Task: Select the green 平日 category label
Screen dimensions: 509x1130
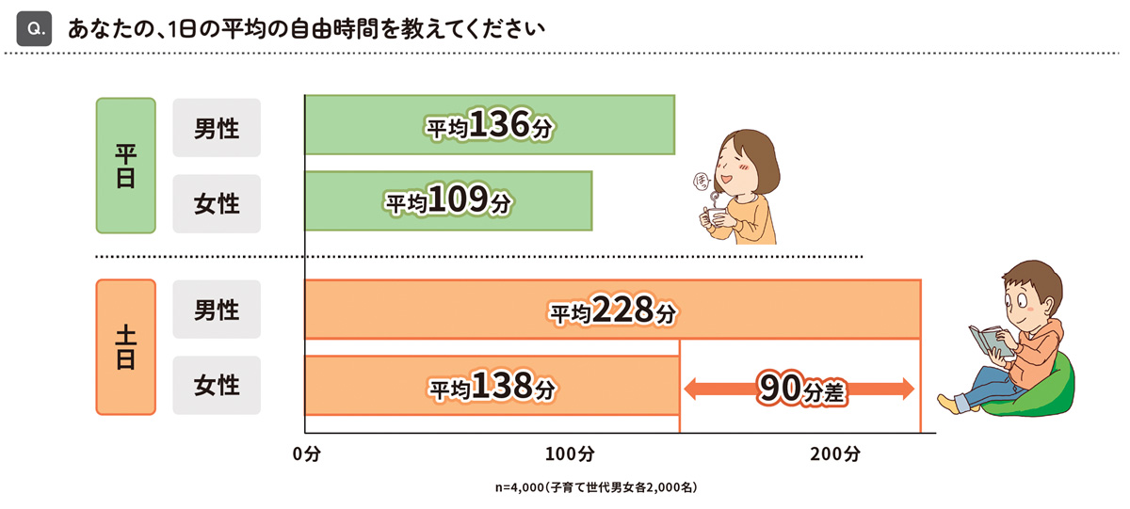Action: pos(125,166)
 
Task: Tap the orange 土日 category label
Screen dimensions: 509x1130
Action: pos(125,346)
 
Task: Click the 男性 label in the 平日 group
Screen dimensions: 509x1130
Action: pos(217,127)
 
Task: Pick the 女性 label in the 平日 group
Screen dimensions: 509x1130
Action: pos(217,202)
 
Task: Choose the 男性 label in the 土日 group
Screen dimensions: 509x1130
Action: pos(217,310)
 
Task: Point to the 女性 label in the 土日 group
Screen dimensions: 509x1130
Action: pos(217,385)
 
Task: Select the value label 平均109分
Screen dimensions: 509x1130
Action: pos(447,200)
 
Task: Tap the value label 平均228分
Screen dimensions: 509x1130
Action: pos(613,310)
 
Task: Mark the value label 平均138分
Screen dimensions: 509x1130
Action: pos(492,385)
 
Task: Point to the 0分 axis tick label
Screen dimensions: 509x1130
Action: pos(307,454)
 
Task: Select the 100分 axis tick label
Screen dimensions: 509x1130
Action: pos(570,454)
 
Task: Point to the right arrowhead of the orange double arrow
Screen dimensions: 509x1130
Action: pos(907,388)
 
